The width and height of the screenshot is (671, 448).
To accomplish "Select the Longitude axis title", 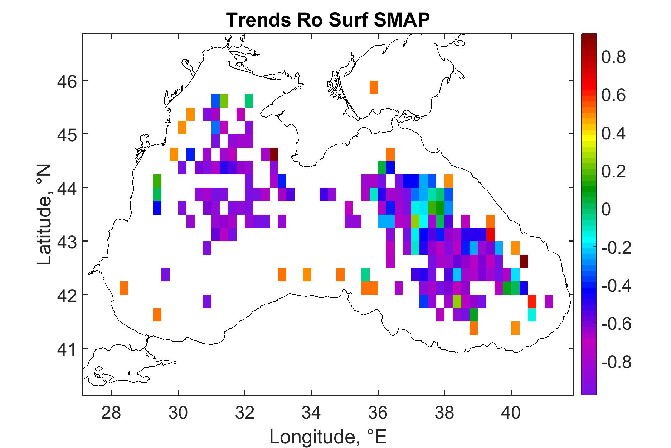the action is coord(328,436).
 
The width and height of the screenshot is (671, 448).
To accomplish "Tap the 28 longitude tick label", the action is coord(112,413).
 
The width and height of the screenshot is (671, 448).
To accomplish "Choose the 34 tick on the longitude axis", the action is coord(311,413).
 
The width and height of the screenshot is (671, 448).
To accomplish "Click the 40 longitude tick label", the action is coord(511,413).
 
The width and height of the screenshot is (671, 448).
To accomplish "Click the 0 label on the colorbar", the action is coord(606,210).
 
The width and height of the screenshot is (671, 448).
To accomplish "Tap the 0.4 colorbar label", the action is coord(613,134).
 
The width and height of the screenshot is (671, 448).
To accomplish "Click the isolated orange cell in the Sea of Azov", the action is coord(374,87).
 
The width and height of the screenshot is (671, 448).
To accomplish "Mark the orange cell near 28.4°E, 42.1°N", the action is coord(124,288).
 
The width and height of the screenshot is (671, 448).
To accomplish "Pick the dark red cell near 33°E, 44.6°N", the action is coord(274,154).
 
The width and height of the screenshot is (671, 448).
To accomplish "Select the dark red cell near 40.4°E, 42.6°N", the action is coord(524,261).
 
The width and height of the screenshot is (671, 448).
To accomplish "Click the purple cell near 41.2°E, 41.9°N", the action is coord(549,301).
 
